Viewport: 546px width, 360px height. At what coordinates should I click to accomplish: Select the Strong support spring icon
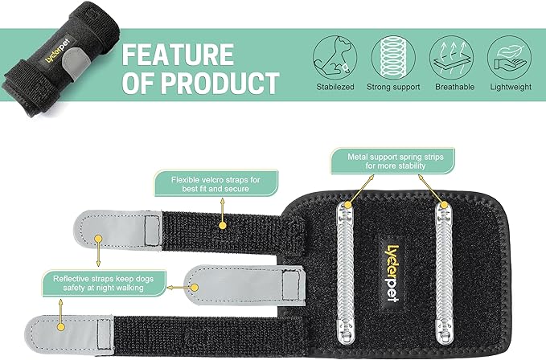394,54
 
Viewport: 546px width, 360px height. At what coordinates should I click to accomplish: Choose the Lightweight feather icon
508,54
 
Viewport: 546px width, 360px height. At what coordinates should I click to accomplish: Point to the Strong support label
394,87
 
